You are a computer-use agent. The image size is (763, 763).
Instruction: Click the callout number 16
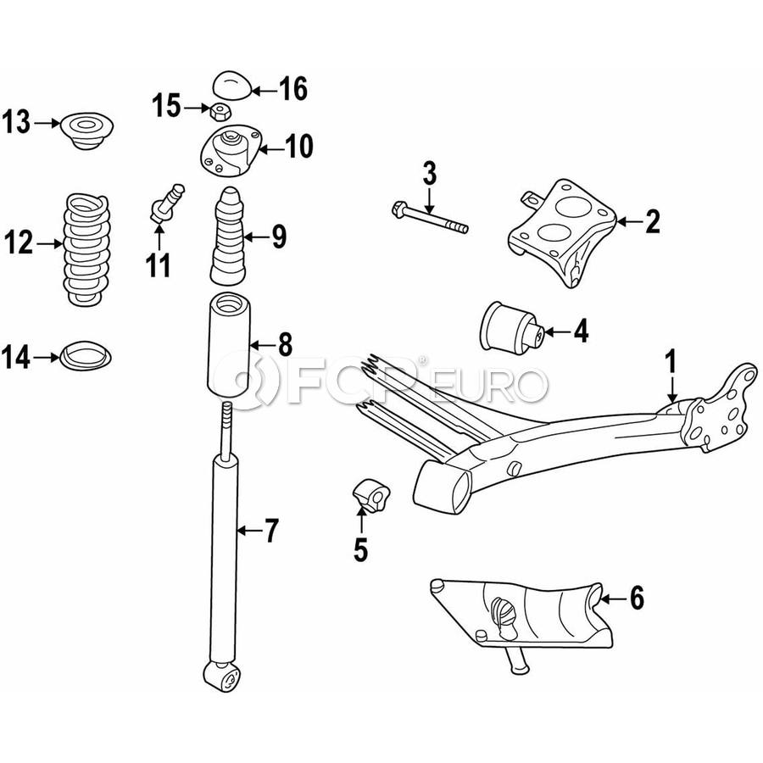293,89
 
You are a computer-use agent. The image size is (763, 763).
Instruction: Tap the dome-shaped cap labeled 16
232,85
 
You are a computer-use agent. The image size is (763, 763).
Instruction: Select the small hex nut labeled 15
220,112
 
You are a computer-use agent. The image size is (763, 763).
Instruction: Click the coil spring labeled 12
86,249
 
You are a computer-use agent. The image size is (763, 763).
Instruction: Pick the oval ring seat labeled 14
86,356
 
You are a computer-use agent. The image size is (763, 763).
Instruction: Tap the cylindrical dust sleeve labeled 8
229,345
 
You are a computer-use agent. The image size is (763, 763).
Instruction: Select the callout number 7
271,531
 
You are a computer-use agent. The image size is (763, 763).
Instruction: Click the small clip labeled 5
372,495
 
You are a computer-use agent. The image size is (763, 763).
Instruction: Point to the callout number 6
637,597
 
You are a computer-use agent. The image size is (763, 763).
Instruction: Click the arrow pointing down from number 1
671,388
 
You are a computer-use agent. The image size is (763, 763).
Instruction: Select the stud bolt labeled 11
166,203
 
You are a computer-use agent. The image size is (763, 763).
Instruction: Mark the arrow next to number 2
630,222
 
